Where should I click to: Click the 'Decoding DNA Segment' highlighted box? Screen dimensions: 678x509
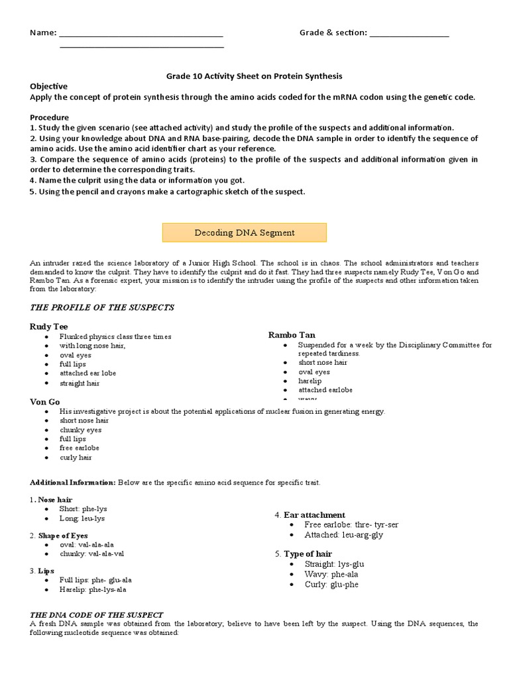[245, 233]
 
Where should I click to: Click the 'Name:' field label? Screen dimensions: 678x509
[43, 33]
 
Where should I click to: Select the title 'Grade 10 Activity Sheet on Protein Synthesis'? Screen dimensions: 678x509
[254, 76]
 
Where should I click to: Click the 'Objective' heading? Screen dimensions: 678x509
[48, 87]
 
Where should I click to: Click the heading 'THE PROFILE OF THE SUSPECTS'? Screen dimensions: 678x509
[102, 307]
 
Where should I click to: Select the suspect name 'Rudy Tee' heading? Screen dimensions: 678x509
[48, 326]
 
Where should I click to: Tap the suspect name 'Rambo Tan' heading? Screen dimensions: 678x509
[292, 335]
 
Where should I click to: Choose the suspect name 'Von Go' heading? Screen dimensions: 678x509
[44, 401]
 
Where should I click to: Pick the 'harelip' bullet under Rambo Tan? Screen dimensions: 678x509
[310, 381]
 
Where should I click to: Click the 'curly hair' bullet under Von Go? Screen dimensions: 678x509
[76, 458]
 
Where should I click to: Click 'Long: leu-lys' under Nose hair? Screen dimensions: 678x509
[82, 518]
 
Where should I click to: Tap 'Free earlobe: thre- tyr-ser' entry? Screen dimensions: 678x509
[351, 524]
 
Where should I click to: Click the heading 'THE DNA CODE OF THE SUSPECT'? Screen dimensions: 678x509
[97, 615]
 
